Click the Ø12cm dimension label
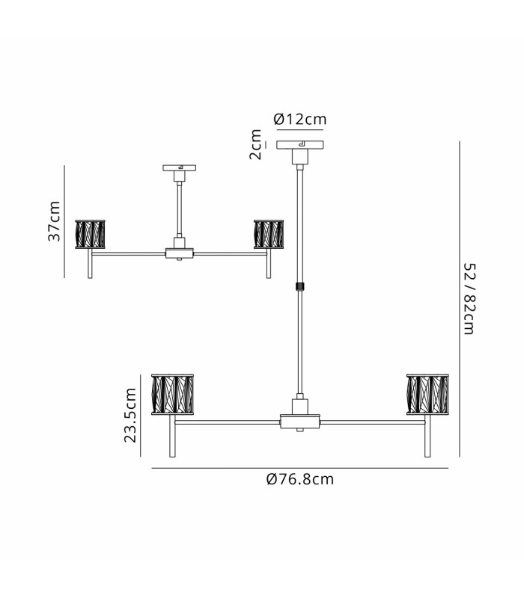300,120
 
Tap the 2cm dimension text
255,144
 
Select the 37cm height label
54,221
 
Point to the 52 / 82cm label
469,298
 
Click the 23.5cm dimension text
130,415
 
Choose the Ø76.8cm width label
300,479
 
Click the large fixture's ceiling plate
300,145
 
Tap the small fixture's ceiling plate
179,167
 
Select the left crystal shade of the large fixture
173,395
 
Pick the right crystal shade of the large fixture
427,395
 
